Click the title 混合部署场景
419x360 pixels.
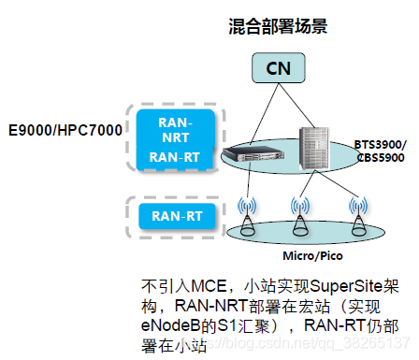point(280,26)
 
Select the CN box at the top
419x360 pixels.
point(280,67)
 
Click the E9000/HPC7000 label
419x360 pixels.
point(65,129)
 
